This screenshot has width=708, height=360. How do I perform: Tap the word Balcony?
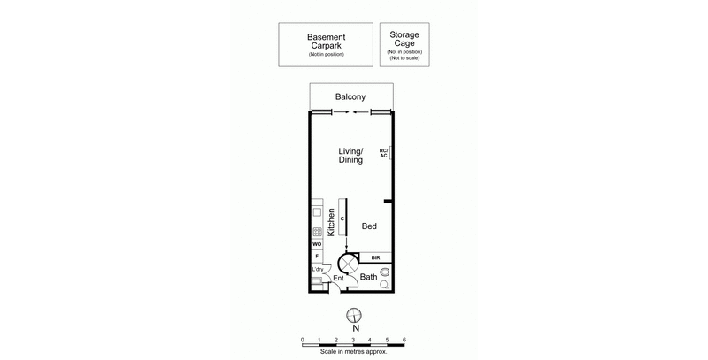click(351, 96)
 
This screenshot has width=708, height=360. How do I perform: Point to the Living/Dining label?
click(351, 156)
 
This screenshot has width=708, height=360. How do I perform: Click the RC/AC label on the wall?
click(383, 153)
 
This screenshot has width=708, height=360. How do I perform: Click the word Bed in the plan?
click(369, 226)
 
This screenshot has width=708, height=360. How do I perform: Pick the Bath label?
click(368, 277)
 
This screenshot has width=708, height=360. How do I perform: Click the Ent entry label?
click(337, 278)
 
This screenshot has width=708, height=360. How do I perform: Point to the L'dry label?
click(317, 270)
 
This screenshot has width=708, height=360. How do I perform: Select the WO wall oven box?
click(316, 243)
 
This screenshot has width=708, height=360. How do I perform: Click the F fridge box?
click(316, 256)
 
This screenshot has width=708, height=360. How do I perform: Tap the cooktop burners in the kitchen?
click(316, 232)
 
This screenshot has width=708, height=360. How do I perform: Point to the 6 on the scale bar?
click(404, 339)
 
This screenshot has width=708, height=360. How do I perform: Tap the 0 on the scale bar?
click(303, 339)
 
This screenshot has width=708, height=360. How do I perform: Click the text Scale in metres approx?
click(353, 352)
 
